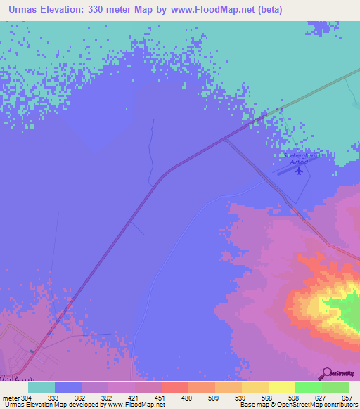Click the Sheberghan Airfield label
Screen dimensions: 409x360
[300, 158]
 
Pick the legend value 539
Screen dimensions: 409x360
[241, 397]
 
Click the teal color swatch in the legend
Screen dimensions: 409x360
[41, 387]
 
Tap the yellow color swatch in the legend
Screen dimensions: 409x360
[281, 387]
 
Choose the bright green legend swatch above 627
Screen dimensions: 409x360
[308, 387]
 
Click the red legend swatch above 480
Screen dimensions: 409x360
[174, 387]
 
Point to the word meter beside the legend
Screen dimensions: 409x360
[11, 397]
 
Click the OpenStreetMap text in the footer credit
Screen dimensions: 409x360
[307, 405]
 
